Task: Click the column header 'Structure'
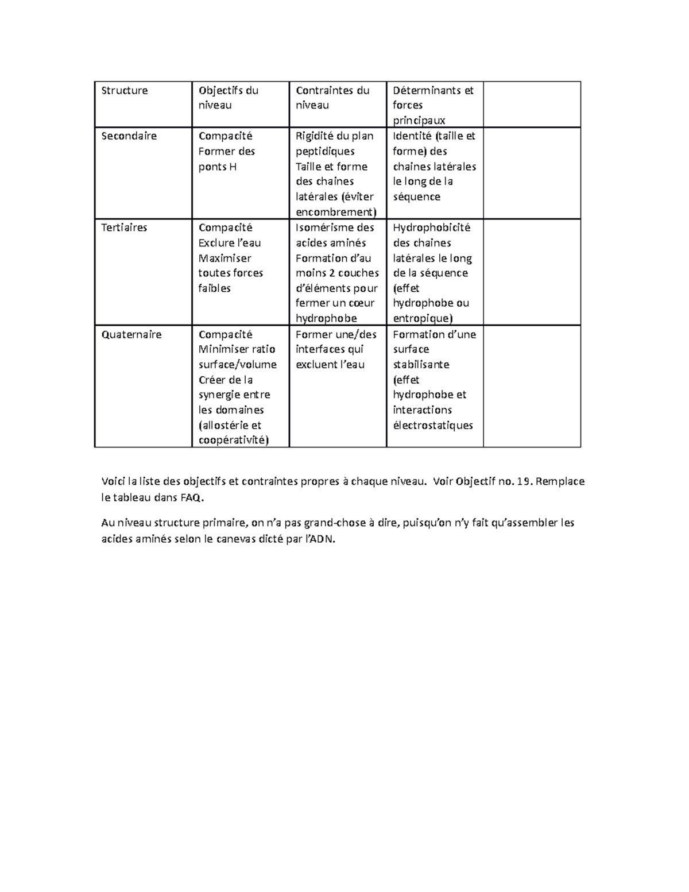(125, 90)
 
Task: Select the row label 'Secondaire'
(129, 136)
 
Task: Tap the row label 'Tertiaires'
(124, 227)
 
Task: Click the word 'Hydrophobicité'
(431, 227)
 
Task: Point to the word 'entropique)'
(423, 318)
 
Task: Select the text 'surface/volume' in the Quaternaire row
(237, 365)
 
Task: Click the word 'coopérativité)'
(233, 441)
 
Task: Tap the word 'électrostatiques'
(433, 426)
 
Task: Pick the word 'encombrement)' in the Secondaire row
(336, 212)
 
